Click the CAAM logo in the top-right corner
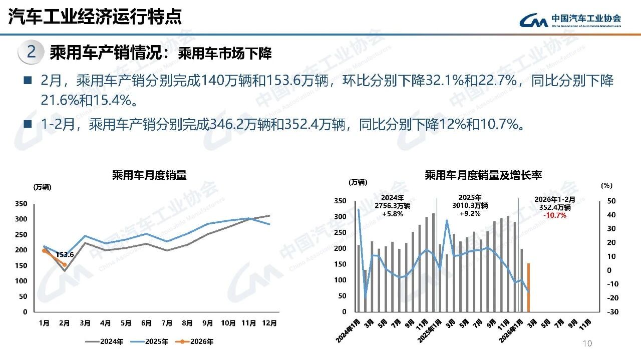click(570, 20)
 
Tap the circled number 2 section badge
click(31, 52)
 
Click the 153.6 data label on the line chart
click(65, 254)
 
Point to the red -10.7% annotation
click(555, 215)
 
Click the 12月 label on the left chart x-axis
click(269, 323)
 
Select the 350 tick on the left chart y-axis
click(21, 204)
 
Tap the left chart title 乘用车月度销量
click(149, 175)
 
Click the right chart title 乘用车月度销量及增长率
click(483, 175)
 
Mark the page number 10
click(587, 343)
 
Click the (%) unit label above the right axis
click(606, 185)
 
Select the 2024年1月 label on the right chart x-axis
click(349, 330)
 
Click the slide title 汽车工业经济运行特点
click(95, 17)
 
